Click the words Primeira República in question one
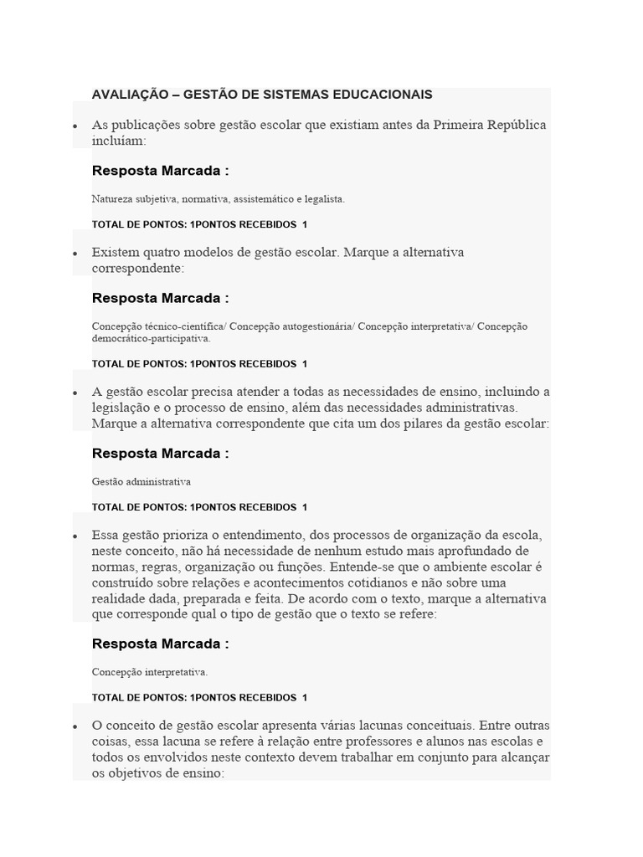tap(489, 125)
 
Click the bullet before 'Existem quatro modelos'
tap(75, 253)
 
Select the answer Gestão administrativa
tap(141, 482)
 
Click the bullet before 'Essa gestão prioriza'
tap(75, 536)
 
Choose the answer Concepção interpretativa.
tap(150, 672)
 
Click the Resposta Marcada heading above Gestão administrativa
tap(160, 454)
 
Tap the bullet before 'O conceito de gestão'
tap(75, 726)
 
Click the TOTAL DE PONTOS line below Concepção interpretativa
tap(199, 698)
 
